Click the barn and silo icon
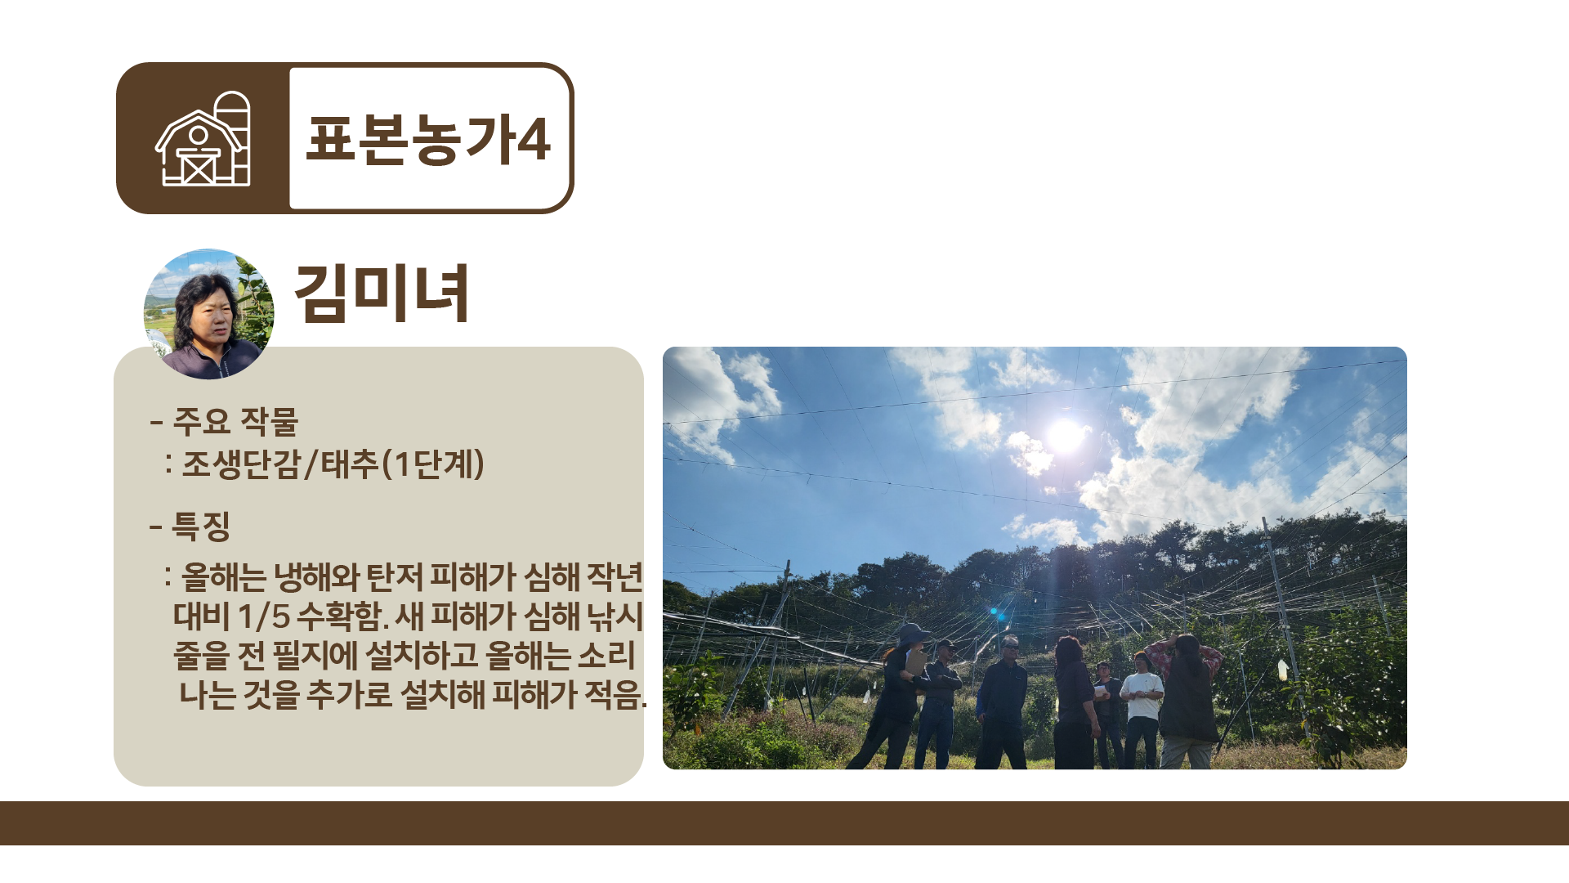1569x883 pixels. click(x=203, y=139)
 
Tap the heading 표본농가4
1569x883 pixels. click(x=428, y=140)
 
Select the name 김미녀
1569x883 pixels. click(x=382, y=293)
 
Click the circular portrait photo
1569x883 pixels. click(x=208, y=314)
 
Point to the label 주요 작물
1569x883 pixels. click(x=235, y=422)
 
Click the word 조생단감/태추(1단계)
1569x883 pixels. click(x=333, y=464)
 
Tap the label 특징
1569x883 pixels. click(x=201, y=526)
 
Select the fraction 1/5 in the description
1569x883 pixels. click(x=264, y=616)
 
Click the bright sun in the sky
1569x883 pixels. click(x=1065, y=435)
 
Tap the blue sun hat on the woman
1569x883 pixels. click(x=913, y=634)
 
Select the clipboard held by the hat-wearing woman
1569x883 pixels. click(x=916, y=661)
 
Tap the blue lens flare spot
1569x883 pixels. click(x=994, y=611)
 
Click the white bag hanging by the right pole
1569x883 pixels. click(x=1282, y=670)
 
